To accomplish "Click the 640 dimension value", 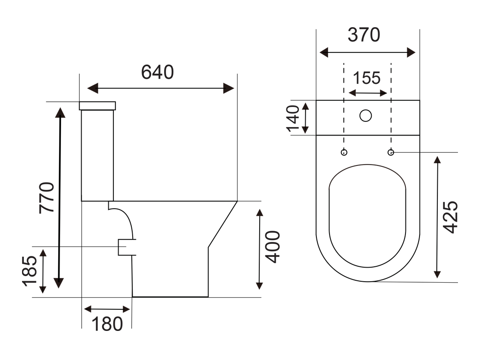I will coord(157,72).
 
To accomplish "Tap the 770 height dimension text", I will coord(47,197).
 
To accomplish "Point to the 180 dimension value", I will coord(107,323).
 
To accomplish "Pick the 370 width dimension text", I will coord(364,35).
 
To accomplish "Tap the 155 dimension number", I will coord(367,78).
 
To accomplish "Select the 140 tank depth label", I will coord(293,118).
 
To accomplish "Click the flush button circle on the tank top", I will coord(366,115).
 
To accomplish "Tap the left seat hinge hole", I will coord(344,152).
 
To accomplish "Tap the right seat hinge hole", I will coord(391,152).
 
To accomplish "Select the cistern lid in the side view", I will coord(97,105).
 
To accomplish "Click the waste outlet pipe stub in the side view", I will coord(126,247).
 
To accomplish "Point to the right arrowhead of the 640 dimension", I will coord(229,88).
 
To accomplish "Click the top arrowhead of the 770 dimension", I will coord(59,112).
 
